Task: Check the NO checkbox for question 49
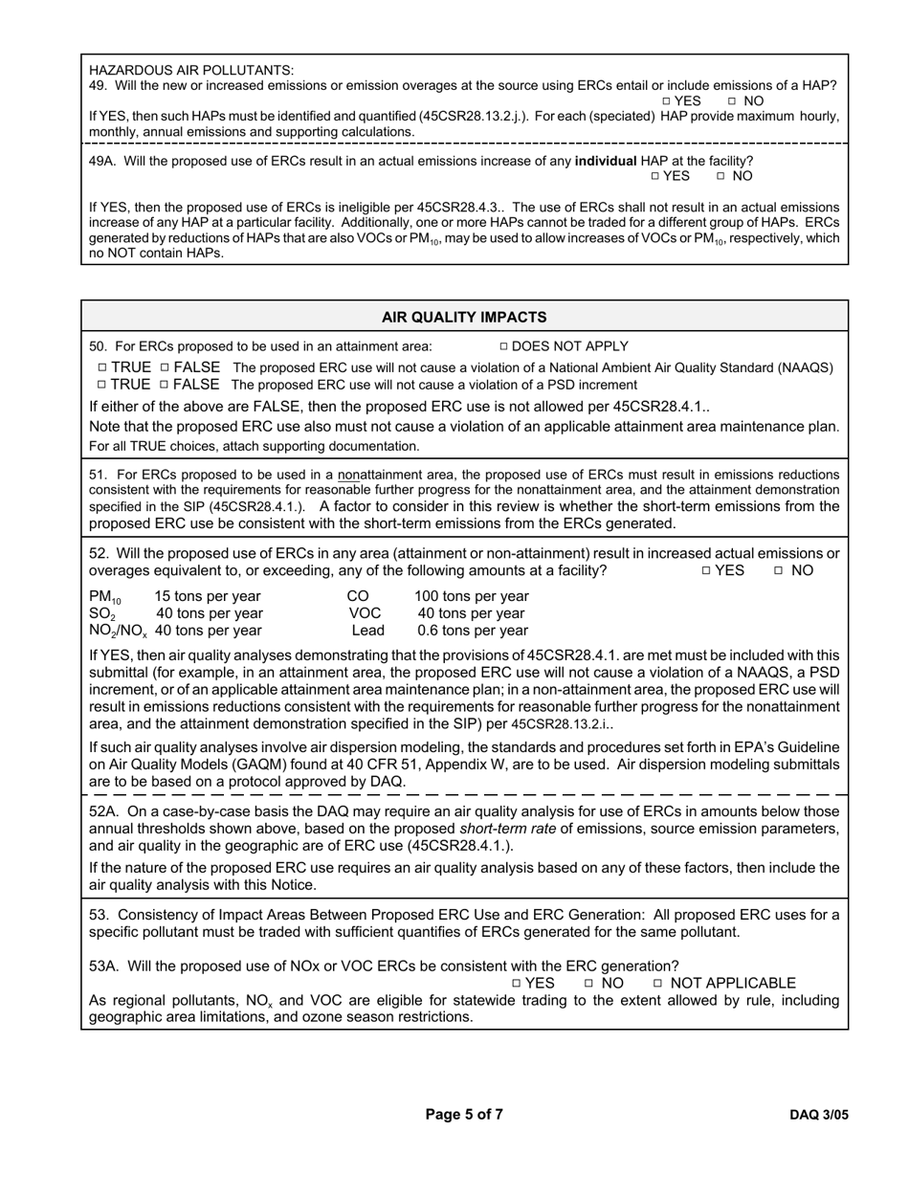732,101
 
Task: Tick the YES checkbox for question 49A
654,177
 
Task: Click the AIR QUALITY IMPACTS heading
464,317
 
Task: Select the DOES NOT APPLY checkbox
504,347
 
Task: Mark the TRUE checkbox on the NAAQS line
101,368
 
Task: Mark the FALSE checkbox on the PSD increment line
165,386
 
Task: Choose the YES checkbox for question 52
706,571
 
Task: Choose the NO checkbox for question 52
779,571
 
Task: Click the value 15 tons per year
208,596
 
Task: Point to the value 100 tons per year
472,596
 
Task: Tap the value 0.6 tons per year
473,631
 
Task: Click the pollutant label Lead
367,631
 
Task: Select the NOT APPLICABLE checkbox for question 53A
658,984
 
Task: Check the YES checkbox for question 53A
516,984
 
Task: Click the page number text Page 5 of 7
464,1114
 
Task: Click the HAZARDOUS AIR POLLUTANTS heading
191,70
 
